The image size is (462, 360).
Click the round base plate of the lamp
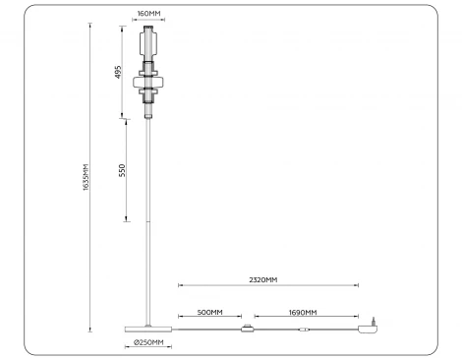148,329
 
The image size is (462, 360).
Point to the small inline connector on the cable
306,329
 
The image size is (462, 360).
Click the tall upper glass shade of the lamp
149,43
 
